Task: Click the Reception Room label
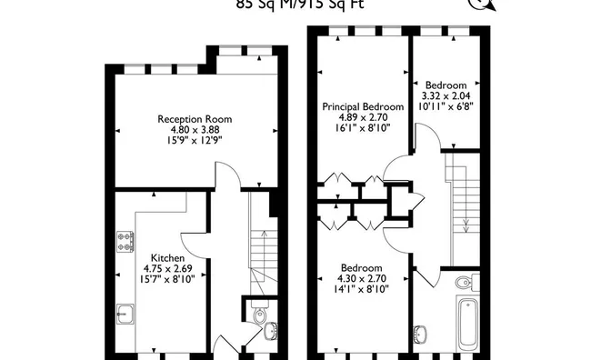coord(194,119)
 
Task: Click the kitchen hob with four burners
coord(125,241)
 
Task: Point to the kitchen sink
coord(125,315)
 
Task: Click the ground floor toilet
coord(260,317)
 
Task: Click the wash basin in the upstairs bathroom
coord(422,334)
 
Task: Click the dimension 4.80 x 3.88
coord(194,130)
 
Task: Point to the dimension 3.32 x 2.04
coord(446,95)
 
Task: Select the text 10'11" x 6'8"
coord(446,105)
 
